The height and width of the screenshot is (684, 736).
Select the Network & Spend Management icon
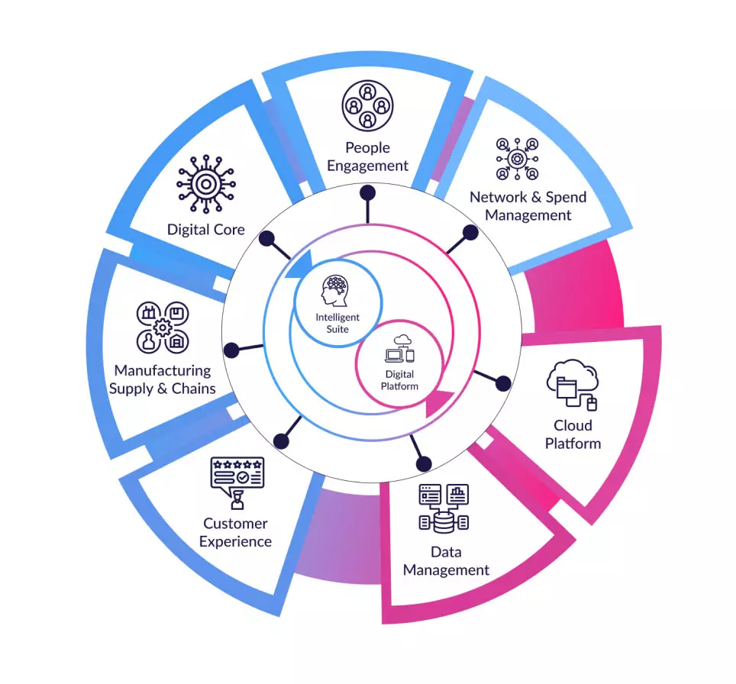click(x=517, y=158)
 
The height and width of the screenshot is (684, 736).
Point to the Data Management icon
click(x=444, y=507)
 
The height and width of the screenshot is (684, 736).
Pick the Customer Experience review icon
click(x=237, y=482)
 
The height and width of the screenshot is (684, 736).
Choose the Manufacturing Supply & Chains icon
click(x=162, y=327)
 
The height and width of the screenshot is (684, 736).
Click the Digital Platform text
click(x=400, y=380)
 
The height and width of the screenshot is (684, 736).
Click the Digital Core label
click(x=206, y=229)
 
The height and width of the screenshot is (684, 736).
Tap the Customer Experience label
click(x=237, y=533)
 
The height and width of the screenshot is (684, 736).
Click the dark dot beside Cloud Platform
click(x=503, y=383)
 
